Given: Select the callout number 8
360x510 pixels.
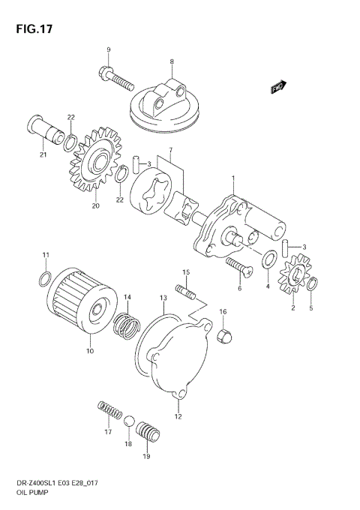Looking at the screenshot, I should point(172,61).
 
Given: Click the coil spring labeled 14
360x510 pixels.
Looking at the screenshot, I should point(128,324).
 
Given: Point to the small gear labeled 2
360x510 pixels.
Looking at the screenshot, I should point(295,279).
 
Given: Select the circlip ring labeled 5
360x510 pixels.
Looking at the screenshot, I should point(312,283).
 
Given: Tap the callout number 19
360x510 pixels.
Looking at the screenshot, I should point(145,456).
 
